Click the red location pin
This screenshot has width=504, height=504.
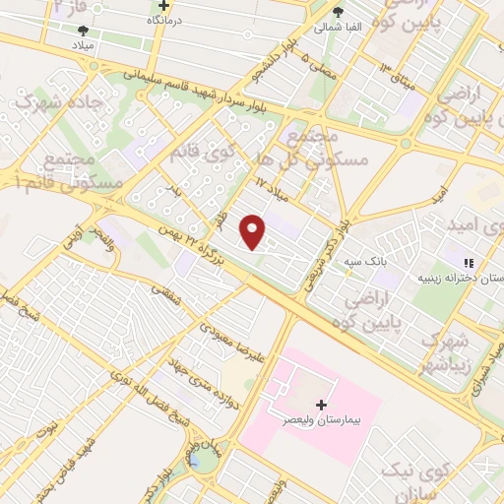click(254, 232)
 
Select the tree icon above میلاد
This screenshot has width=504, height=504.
click(83, 31)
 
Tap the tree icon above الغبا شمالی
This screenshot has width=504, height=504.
click(339, 12)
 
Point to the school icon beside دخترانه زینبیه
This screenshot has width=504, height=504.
click(470, 263)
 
